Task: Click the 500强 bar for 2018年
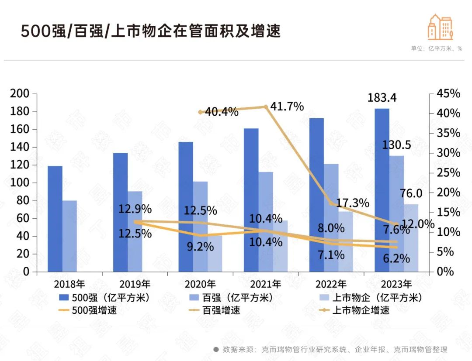coord(55,218)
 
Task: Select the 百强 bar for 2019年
coord(135,231)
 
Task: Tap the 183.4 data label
coord(382,98)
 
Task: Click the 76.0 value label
coord(411,193)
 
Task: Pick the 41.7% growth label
coord(287,106)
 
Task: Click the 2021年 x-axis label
coord(266,284)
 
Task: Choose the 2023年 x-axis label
coord(396,284)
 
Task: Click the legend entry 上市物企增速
coord(361,311)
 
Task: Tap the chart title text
coord(151,32)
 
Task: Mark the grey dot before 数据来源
coord(216,349)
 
